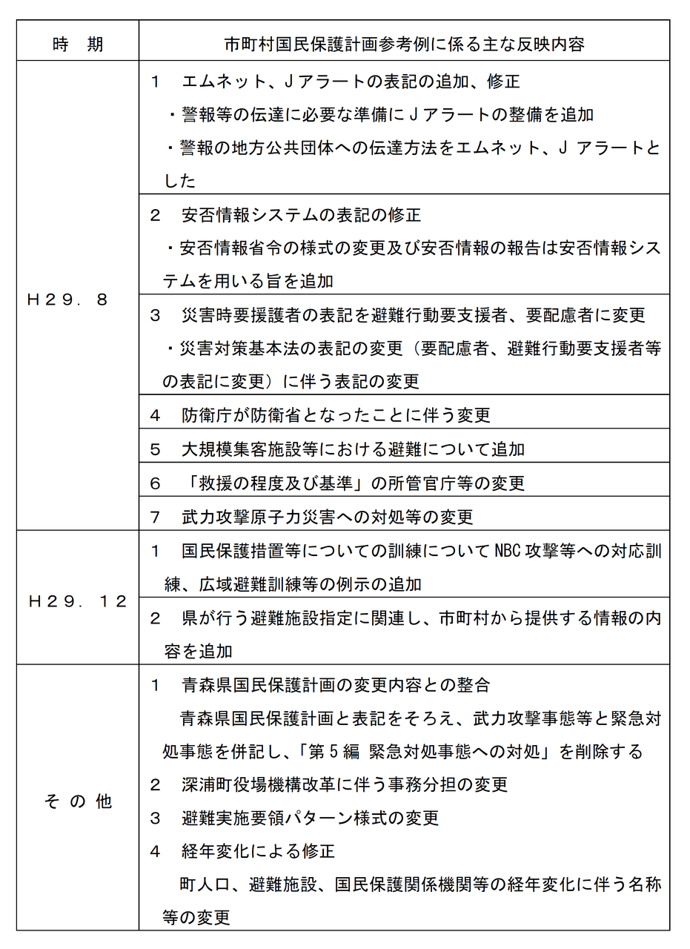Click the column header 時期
(x=78, y=44)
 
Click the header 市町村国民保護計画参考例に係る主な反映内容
(x=404, y=44)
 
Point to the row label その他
(x=78, y=801)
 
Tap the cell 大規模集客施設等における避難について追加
(x=353, y=449)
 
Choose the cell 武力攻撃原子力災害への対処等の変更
(x=327, y=517)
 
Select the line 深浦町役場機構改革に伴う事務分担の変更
(x=344, y=784)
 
